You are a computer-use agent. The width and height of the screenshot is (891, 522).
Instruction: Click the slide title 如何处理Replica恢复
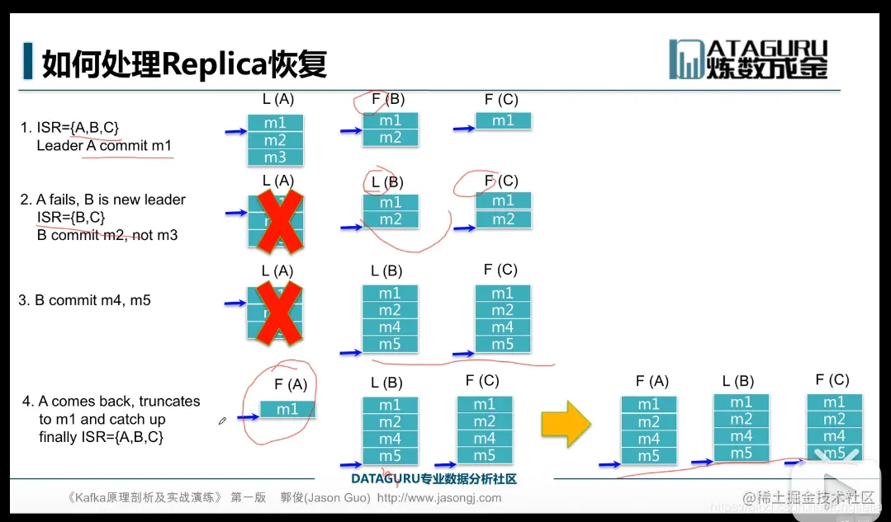pyautogui.click(x=184, y=63)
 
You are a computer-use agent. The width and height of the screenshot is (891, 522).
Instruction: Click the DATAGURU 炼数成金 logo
pyautogui.click(x=748, y=59)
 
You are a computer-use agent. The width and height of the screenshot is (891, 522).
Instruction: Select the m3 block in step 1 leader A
pyautogui.click(x=275, y=157)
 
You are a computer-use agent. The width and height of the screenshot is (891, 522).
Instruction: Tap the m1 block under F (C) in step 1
pyautogui.click(x=503, y=120)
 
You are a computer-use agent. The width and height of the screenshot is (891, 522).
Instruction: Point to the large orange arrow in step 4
pyautogui.click(x=566, y=423)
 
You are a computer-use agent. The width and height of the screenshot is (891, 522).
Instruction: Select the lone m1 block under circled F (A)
pyautogui.click(x=287, y=409)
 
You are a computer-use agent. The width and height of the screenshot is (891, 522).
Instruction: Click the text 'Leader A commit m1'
pyautogui.click(x=104, y=145)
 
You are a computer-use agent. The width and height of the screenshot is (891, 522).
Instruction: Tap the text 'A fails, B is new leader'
pyautogui.click(x=111, y=200)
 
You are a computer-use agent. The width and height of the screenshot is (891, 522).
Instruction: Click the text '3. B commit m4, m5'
pyautogui.click(x=85, y=300)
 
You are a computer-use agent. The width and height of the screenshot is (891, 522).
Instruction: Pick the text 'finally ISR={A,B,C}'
pyautogui.click(x=101, y=437)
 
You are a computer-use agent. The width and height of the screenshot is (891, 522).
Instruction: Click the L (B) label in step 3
pyautogui.click(x=386, y=270)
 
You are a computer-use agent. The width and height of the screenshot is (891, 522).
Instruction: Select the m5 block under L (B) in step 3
pyautogui.click(x=390, y=344)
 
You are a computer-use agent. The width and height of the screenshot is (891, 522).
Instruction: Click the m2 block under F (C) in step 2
pyautogui.click(x=503, y=219)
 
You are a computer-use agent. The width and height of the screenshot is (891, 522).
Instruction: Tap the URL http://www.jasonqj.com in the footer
pyautogui.click(x=438, y=497)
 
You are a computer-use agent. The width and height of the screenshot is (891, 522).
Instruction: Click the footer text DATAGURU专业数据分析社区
pyautogui.click(x=434, y=478)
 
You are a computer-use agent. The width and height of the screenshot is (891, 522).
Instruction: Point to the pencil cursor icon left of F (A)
pyautogui.click(x=222, y=421)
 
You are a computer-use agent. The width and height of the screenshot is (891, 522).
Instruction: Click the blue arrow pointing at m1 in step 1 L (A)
pyautogui.click(x=235, y=130)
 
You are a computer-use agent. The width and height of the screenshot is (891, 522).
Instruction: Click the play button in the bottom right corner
pyautogui.click(x=827, y=488)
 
